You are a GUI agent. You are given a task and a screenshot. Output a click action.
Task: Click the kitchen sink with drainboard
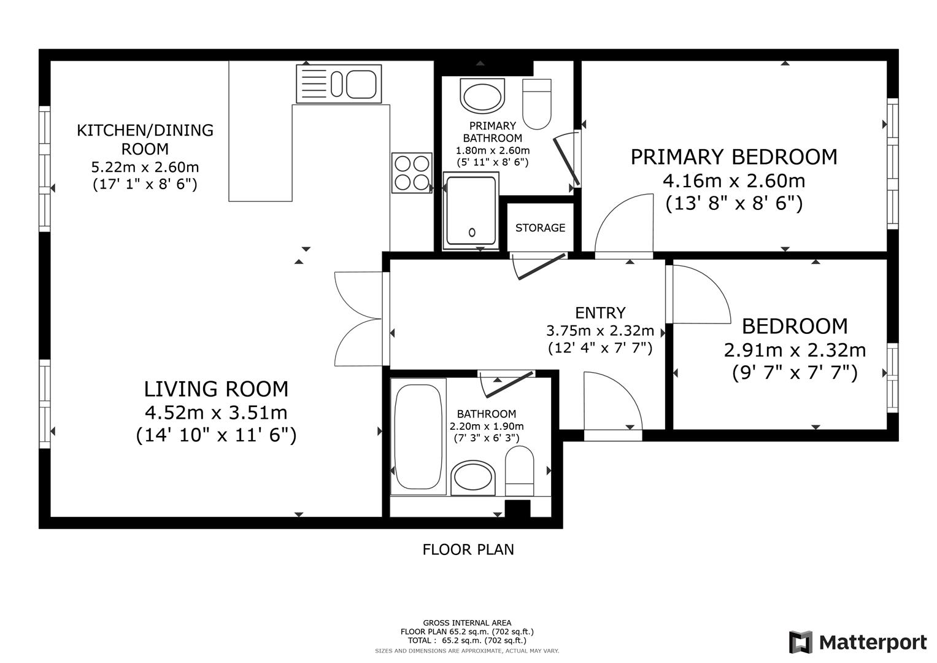click(x=339, y=83)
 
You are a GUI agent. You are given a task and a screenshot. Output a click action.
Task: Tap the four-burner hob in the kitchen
click(x=412, y=173)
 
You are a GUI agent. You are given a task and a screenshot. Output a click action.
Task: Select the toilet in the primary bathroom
click(x=537, y=104)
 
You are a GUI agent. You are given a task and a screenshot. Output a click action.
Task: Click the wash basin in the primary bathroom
click(x=482, y=96)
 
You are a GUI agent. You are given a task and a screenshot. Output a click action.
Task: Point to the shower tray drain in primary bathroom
click(x=472, y=232)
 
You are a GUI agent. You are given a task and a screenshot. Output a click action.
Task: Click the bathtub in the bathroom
click(x=418, y=436)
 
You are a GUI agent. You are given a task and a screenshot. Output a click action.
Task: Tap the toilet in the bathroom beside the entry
click(x=520, y=471)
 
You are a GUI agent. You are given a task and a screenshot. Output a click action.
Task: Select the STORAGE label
click(x=540, y=228)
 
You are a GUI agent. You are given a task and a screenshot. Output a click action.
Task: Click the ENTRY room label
click(x=600, y=312)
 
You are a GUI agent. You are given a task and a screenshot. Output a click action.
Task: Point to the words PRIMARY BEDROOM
click(x=734, y=157)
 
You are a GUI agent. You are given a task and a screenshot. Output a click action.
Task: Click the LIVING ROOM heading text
click(x=216, y=389)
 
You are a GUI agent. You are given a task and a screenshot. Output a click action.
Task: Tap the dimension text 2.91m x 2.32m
click(x=795, y=350)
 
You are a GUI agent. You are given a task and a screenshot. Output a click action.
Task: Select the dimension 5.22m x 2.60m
click(x=145, y=167)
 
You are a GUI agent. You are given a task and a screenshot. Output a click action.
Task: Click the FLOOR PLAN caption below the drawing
click(x=468, y=549)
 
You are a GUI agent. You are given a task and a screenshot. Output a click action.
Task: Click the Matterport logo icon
click(x=801, y=642)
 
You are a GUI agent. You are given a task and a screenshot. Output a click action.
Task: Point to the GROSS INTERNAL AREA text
click(x=467, y=623)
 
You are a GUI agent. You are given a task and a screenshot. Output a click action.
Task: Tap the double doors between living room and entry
click(x=359, y=319)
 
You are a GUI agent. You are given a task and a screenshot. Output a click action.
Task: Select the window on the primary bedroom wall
click(x=892, y=164)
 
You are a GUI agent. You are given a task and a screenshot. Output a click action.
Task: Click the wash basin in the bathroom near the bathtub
click(x=473, y=478)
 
